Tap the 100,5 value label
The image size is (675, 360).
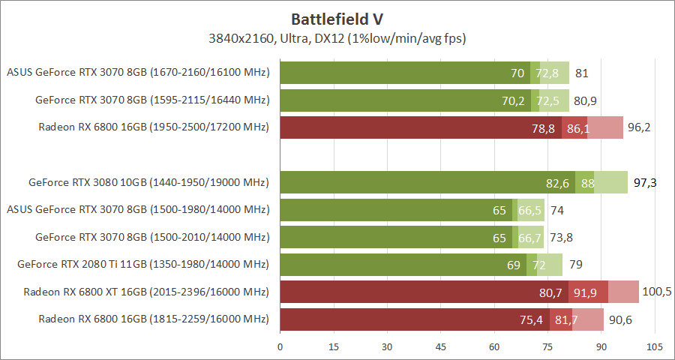tap(657, 292)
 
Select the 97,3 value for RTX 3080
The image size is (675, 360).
tap(646, 183)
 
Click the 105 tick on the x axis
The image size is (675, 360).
tap(655, 347)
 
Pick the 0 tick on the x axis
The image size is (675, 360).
tap(280, 347)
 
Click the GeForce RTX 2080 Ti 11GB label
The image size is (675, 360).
tap(142, 264)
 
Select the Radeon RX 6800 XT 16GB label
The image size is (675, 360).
tap(145, 292)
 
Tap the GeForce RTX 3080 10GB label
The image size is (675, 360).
tap(148, 182)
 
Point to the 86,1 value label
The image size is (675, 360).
tap(577, 128)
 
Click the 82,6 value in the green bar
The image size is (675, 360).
tap(557, 183)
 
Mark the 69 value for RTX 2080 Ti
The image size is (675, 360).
tap(514, 265)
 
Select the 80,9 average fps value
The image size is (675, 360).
tap(585, 100)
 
